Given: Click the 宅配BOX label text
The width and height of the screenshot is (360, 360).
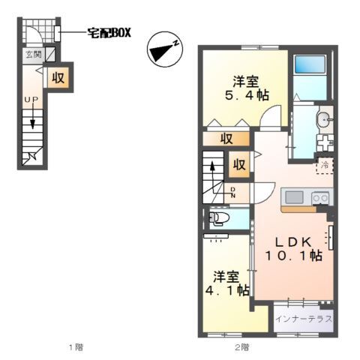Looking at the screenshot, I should click(x=109, y=33).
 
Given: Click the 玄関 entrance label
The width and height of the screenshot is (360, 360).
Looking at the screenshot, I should click(x=34, y=55).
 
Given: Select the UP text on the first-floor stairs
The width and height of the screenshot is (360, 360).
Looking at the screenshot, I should click(x=31, y=100).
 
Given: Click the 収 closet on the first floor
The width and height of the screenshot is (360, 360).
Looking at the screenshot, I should click(x=58, y=76).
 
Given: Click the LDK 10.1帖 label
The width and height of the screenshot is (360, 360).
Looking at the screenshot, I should click(x=292, y=249).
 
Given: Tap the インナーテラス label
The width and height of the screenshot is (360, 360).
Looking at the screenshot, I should click(x=304, y=319).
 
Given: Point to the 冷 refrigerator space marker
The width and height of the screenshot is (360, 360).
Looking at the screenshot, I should click(x=325, y=164).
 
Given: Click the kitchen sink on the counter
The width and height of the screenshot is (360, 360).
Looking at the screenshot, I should click(x=292, y=197).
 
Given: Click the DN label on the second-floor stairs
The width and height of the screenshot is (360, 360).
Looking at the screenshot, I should click(x=233, y=192).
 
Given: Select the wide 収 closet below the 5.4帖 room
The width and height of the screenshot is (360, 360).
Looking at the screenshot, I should click(x=226, y=138).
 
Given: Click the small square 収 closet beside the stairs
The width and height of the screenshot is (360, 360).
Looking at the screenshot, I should click(x=239, y=163).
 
